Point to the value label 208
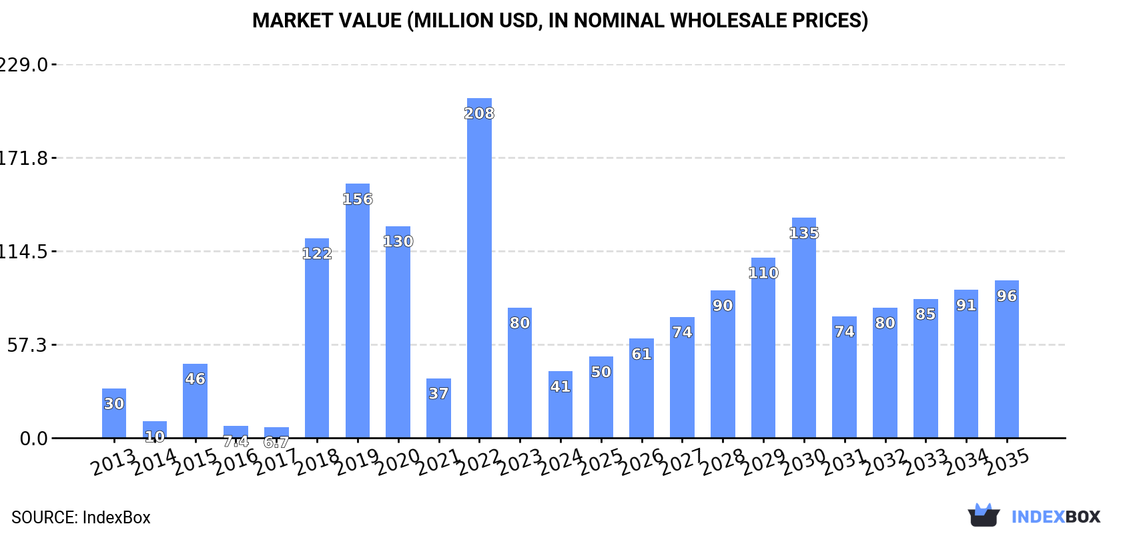(479, 113)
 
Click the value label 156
(358, 199)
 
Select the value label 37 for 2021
(438, 393)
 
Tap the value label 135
(804, 233)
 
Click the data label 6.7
(276, 442)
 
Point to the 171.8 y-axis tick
(24, 158)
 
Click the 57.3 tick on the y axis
(27, 345)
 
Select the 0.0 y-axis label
(33, 439)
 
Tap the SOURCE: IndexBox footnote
(81, 517)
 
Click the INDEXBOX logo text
(1056, 517)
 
